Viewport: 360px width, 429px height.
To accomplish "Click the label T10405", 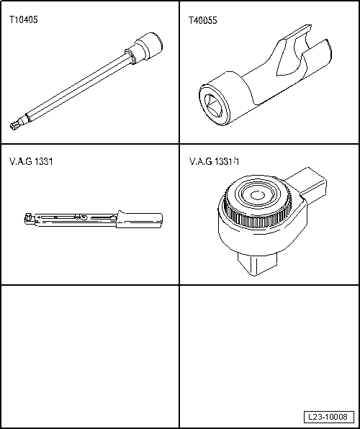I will (24, 21).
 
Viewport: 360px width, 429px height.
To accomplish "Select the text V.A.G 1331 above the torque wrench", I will (31, 161).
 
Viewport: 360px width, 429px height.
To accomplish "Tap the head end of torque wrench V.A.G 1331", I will (27, 216).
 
